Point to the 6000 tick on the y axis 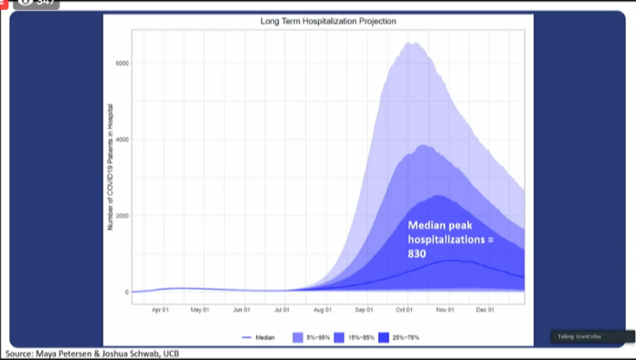122,63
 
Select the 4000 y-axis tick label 122,140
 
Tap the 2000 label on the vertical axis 122,217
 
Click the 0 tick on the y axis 126,292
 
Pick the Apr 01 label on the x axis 161,310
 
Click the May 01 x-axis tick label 199,310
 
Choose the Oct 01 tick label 404,310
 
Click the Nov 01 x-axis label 445,310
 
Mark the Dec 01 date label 484,310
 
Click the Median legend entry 260,338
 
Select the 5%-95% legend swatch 298,338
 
